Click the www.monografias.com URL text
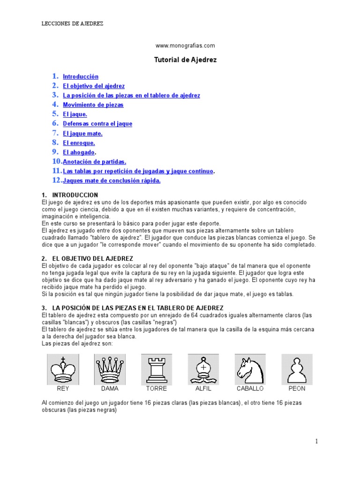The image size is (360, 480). click(185, 45)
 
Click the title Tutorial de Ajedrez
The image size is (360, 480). click(186, 60)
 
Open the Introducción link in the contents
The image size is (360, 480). click(81, 76)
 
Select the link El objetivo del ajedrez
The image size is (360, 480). click(94, 86)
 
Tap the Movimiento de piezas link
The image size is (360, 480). click(93, 105)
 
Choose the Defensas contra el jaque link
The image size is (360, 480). click(97, 124)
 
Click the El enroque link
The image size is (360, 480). click(79, 143)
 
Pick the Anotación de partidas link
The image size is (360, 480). click(95, 162)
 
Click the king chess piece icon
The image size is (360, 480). click(63, 369)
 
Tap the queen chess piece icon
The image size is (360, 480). click(110, 369)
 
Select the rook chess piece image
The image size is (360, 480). click(157, 369)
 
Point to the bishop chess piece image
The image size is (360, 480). click(203, 369)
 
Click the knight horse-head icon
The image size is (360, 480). click(250, 369)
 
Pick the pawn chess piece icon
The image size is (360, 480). click(297, 369)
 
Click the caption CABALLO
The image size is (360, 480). click(250, 389)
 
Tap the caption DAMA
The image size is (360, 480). click(110, 389)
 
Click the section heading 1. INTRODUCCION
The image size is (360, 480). click(70, 195)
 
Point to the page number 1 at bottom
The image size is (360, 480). click(316, 441)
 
